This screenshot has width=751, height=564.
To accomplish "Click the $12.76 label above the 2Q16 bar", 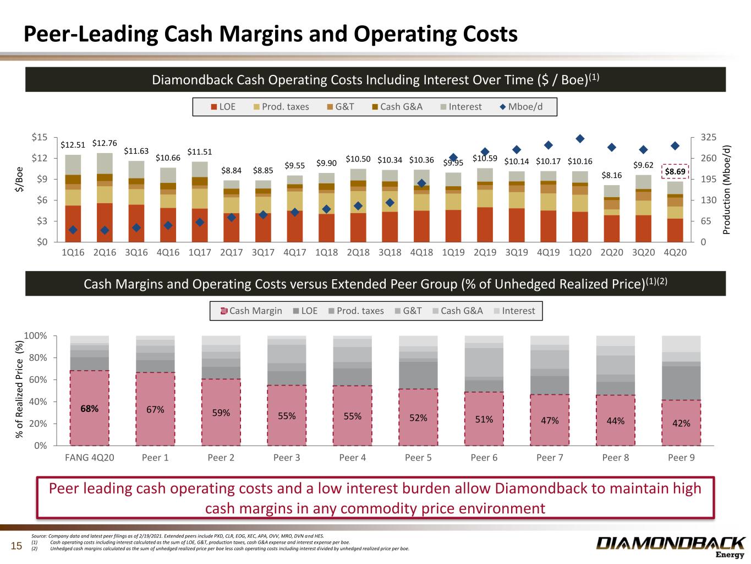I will click(105, 143).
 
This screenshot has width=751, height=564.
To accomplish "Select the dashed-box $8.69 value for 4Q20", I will click(675, 172).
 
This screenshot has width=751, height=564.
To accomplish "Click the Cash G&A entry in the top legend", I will click(397, 107).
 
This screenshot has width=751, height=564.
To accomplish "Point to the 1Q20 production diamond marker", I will click(580, 138).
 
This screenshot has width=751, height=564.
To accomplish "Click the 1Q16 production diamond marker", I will click(73, 230).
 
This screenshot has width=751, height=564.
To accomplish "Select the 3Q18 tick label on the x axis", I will click(390, 252).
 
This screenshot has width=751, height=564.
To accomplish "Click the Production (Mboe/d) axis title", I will click(727, 189).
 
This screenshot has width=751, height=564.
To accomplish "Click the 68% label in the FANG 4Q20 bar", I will click(90, 409).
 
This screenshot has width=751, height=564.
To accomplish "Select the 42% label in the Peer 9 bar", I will click(681, 423).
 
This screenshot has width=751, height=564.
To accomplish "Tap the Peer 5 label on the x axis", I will click(418, 458).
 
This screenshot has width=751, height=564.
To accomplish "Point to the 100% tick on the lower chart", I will click(35, 336).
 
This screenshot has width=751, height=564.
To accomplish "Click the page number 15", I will click(17, 546).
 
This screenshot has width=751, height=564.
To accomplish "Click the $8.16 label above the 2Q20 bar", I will click(612, 175).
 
